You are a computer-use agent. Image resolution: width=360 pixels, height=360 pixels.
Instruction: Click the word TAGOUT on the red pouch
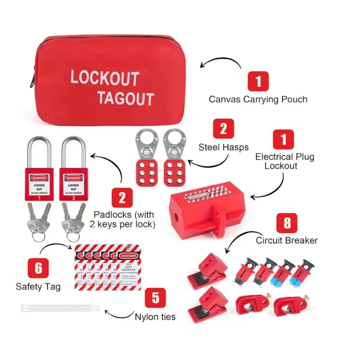(x=126, y=98)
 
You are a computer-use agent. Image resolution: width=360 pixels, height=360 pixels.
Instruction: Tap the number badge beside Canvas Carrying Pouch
(x=258, y=82)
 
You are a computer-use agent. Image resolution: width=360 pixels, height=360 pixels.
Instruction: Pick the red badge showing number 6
(x=39, y=269)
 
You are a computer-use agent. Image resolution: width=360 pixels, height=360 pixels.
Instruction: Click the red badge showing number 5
(x=155, y=298)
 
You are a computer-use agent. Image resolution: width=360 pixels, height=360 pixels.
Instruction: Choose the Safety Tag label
(x=38, y=286)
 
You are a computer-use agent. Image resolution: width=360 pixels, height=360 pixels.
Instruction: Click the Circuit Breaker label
(x=287, y=240)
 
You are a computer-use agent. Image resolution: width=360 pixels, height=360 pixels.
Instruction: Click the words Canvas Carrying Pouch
(x=258, y=99)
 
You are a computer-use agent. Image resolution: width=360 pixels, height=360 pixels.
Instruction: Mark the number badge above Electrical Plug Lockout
(x=283, y=140)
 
